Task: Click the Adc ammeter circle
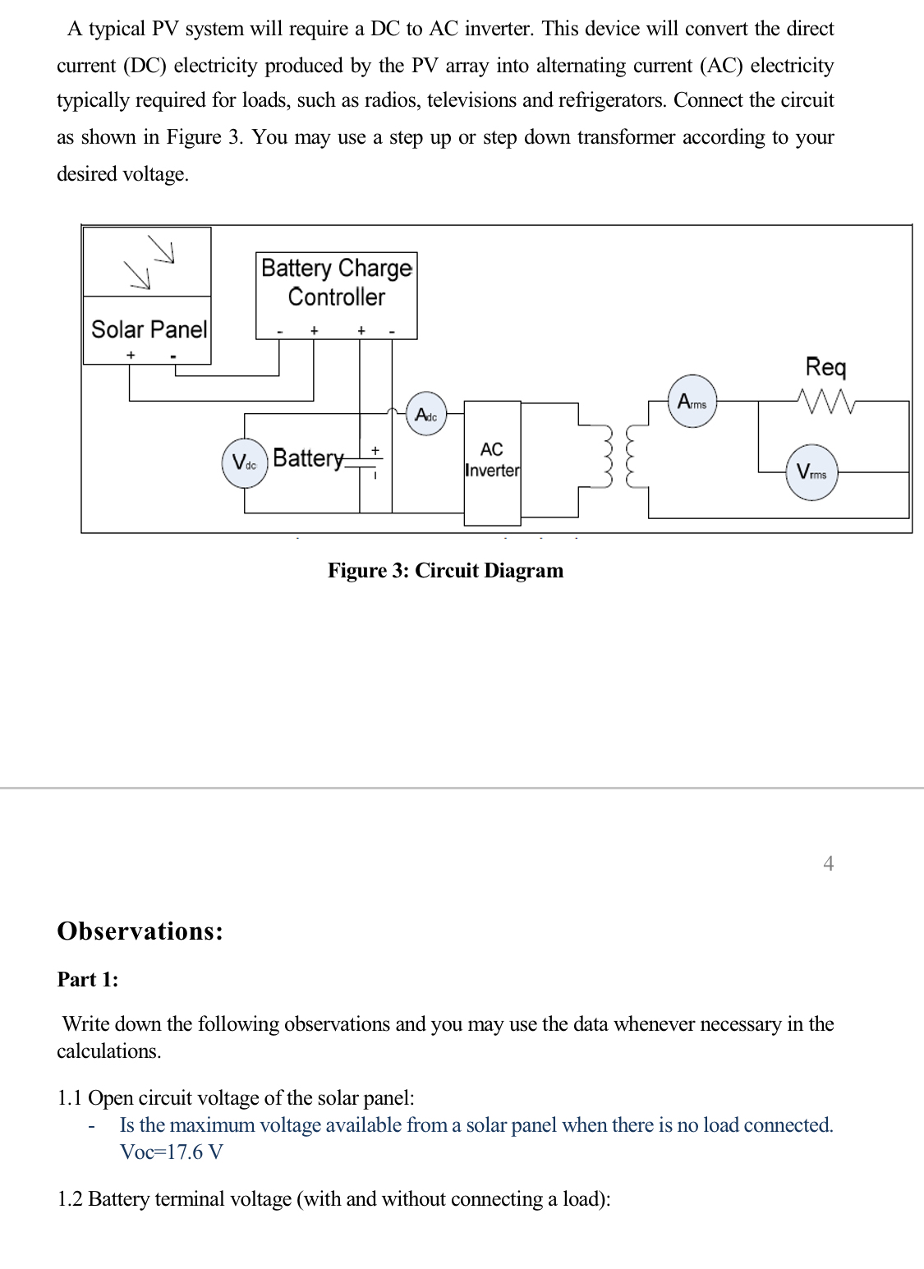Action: point(426,416)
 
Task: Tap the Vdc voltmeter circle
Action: point(245,464)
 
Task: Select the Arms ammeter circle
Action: point(692,402)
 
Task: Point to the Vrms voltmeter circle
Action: point(811,473)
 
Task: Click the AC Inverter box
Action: point(492,462)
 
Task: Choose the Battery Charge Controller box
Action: point(337,295)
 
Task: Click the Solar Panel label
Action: point(149,329)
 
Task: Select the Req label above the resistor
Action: point(825,366)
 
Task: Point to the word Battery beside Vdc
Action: point(308,457)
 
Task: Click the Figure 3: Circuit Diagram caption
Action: point(445,571)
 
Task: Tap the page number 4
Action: point(828,863)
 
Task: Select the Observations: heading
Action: point(140,931)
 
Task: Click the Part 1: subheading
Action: point(87,980)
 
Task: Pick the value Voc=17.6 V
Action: point(172,1152)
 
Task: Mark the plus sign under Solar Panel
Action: point(129,355)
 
